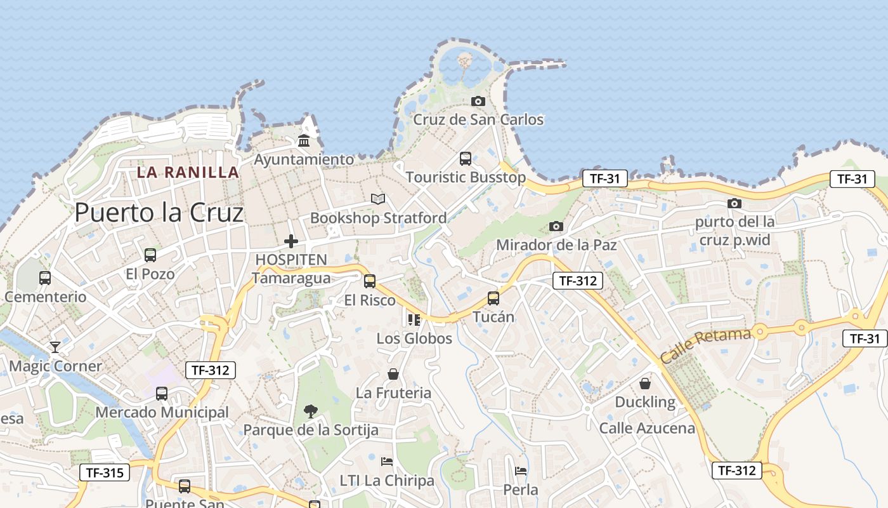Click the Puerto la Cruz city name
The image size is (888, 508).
click(159, 212)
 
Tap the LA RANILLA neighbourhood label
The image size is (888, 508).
click(188, 172)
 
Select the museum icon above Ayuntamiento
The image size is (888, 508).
click(304, 140)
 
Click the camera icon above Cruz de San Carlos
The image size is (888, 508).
click(478, 101)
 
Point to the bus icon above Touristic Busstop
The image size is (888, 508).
click(466, 159)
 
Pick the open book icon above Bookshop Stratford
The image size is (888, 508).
click(378, 199)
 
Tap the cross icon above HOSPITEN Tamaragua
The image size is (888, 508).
click(291, 241)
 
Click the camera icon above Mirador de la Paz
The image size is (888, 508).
click(556, 226)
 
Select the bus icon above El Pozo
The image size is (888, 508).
click(150, 255)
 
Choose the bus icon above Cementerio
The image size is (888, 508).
click(45, 278)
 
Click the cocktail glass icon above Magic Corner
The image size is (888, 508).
click(55, 347)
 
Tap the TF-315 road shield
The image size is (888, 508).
click(105, 472)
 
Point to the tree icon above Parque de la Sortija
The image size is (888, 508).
click(311, 411)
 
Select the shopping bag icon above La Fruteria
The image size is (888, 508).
click(393, 374)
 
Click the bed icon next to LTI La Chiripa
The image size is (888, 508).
click(387, 461)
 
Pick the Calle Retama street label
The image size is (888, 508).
click(705, 345)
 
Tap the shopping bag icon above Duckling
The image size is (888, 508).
click(645, 384)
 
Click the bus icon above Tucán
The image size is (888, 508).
click(493, 298)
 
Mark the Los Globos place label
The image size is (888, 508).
click(414, 338)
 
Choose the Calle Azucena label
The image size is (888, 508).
click(647, 428)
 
